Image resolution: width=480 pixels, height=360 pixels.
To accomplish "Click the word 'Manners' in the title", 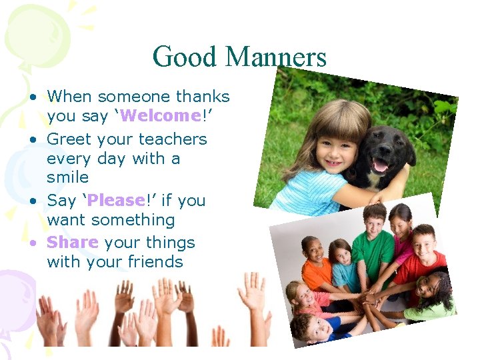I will [x=275, y=57].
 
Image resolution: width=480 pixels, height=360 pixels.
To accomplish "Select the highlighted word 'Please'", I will [x=116, y=201].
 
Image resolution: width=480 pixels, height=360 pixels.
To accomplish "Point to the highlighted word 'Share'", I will [x=73, y=243].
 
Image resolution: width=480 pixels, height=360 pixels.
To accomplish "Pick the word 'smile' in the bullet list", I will [x=67, y=177].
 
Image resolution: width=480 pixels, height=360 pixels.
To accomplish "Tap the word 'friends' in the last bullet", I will [x=151, y=262].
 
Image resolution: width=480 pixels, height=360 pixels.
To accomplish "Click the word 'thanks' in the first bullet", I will [x=199, y=97].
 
